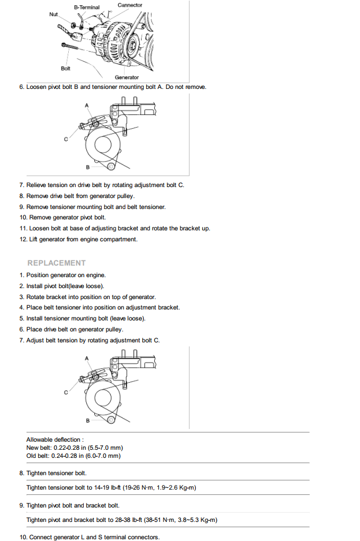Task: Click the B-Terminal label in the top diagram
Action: pyautogui.click(x=87, y=8)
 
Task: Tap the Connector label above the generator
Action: pyautogui.click(x=130, y=5)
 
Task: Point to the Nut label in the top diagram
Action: pyautogui.click(x=53, y=13)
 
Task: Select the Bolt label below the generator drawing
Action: pyautogui.click(x=65, y=69)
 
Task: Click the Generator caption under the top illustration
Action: pyautogui.click(x=127, y=77)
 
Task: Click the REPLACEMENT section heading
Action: pyautogui.click(x=57, y=263)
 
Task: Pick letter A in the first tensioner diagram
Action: pyautogui.click(x=87, y=105)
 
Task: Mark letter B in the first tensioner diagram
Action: pyautogui.click(x=87, y=167)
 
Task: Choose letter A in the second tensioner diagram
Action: pyautogui.click(x=87, y=358)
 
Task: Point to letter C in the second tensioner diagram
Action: pyautogui.click(x=66, y=393)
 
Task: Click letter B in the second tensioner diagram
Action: pyautogui.click(x=87, y=420)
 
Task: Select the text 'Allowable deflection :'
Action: pyautogui.click(x=54, y=440)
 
